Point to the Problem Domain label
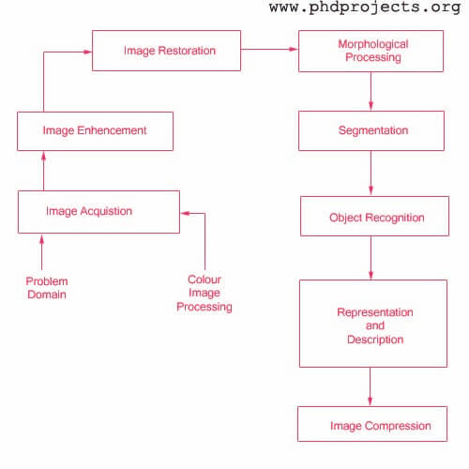47,288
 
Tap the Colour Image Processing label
204,293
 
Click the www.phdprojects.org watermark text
365,8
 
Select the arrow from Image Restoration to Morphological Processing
269,49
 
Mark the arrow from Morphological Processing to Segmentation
371,91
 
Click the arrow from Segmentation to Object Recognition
371,174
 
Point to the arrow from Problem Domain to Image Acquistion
42,252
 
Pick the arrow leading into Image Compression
371,386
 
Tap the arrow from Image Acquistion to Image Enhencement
43,171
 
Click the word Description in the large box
375,340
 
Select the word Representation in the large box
375,312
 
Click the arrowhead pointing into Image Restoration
88,52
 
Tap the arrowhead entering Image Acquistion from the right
185,214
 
